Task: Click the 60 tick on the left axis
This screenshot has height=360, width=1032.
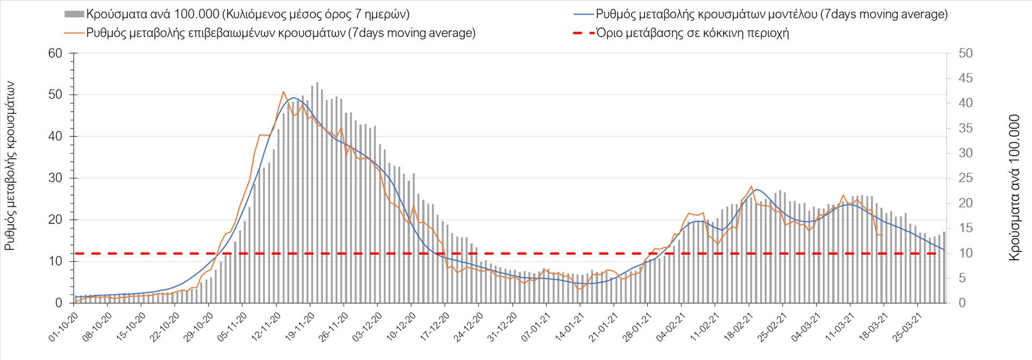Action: pyautogui.click(x=55, y=53)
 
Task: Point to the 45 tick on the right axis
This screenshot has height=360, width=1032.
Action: pyautogui.click(x=965, y=78)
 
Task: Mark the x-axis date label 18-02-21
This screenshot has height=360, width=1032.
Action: pyautogui.click(x=740, y=327)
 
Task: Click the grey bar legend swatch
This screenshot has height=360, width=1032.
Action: pyautogui.click(x=74, y=15)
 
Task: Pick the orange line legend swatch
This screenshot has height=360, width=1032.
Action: pyautogui.click(x=74, y=33)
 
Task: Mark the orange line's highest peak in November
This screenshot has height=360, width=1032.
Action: pyautogui.click(x=283, y=92)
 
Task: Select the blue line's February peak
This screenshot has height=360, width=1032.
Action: pyautogui.click(x=756, y=189)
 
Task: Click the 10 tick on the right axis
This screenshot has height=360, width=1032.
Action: pyautogui.click(x=965, y=253)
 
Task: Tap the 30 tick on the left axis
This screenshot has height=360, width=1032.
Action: pyautogui.click(x=55, y=178)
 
